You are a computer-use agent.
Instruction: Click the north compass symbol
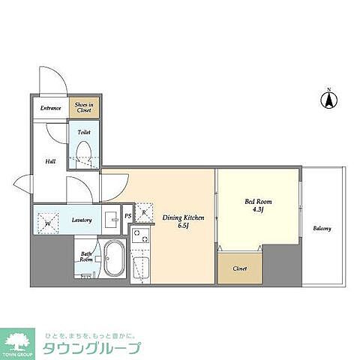[x=327, y=98]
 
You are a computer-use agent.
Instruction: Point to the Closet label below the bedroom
[x=240, y=268]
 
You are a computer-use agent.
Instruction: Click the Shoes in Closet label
[x=82, y=107]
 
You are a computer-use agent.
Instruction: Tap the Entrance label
[x=51, y=108]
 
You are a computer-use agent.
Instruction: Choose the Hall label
[x=49, y=160]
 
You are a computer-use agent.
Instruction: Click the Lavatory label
[x=82, y=220]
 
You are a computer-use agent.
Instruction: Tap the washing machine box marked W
[x=47, y=221]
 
